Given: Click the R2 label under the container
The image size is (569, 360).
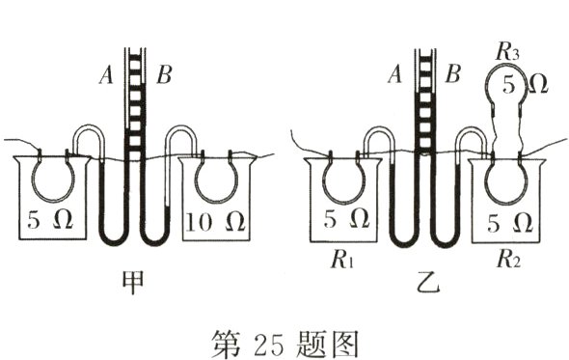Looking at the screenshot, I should tap(503, 258).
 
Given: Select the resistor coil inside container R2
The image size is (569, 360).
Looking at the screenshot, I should tap(505, 180).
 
